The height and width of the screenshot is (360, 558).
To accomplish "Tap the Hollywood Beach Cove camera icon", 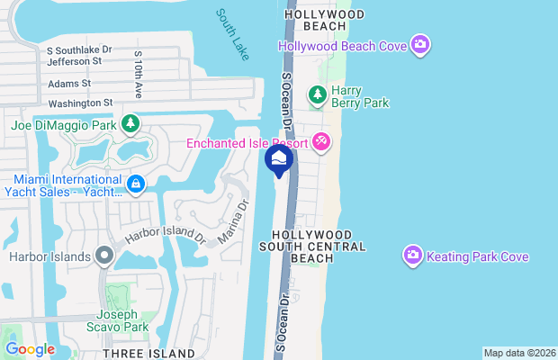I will point(419,44).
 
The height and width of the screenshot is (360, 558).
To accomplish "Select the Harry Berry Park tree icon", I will point(317,94).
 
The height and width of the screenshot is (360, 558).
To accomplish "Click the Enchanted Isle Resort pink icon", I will point(322,143).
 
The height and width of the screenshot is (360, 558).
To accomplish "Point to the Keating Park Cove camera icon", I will point(413,256).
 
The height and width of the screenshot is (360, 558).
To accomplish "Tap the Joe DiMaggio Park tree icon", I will point(130,122).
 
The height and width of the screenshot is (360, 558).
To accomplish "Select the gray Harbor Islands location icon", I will point(104,257).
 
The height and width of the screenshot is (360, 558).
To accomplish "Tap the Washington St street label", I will point(81,103).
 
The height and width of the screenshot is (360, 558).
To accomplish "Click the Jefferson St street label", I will point(73,62).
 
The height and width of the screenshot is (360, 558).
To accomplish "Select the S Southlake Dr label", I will point(80,50).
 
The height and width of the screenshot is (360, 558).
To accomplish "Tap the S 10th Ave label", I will point(139,75).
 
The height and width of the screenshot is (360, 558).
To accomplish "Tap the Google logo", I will point(30,349).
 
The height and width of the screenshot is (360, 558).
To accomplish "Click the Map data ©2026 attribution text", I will point(518,353).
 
